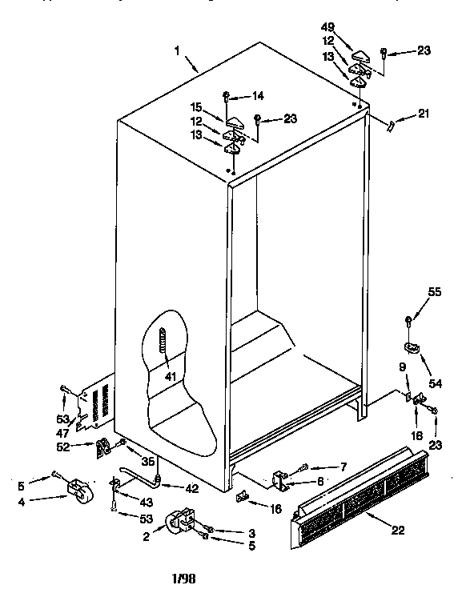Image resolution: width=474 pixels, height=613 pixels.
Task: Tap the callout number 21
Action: [x=423, y=114]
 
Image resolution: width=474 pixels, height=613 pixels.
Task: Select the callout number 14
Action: [x=258, y=96]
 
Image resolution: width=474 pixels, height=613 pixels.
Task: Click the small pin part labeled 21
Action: [x=392, y=126]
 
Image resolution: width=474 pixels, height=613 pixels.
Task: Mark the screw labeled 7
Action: [x=303, y=467]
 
